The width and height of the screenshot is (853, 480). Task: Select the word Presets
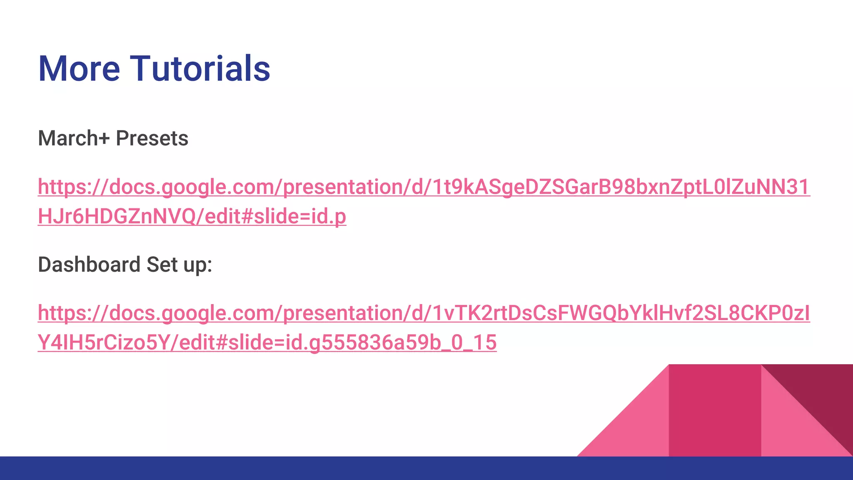pyautogui.click(x=152, y=138)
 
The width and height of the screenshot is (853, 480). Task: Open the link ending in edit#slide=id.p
pyautogui.click(x=192, y=217)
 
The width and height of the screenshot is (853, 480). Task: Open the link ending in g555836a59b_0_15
pyautogui.click(x=267, y=342)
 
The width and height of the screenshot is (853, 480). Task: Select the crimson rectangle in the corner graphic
pyautogui.click(x=715, y=410)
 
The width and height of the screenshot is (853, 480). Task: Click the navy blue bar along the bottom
pyautogui.click(x=292, y=468)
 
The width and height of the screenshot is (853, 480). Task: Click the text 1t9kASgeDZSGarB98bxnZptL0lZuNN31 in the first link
pyautogui.click(x=621, y=187)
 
